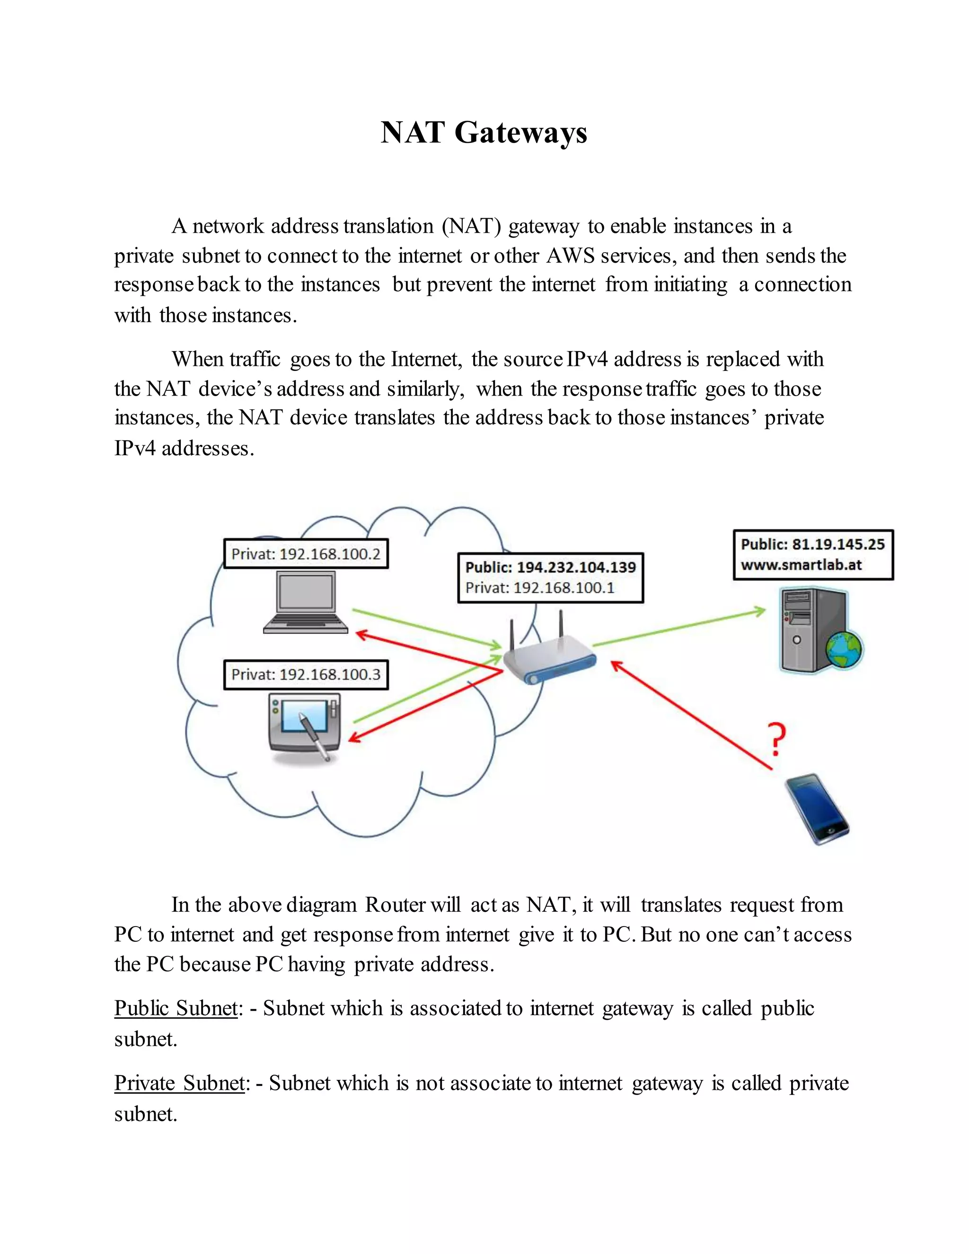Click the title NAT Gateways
tap(484, 132)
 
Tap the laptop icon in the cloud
tap(305, 602)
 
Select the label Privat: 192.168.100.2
tap(305, 554)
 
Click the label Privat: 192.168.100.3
tap(305, 675)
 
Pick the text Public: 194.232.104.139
tap(550, 567)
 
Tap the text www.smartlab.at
tap(802, 565)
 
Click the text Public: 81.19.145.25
tap(812, 544)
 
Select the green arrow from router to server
tap(678, 627)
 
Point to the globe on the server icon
tap(844, 649)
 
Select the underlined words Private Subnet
tap(180, 1083)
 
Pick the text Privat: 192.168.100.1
tap(539, 588)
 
